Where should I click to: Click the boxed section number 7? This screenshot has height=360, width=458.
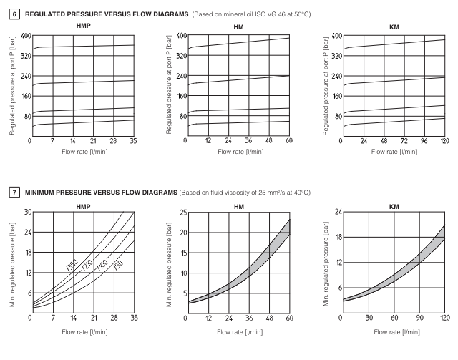14,193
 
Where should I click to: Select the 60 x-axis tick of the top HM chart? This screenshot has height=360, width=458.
289,140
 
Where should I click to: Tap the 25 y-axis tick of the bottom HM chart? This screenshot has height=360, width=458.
182,212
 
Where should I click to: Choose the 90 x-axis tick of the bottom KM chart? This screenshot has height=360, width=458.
419,317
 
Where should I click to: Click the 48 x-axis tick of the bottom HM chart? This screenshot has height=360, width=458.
268,317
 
